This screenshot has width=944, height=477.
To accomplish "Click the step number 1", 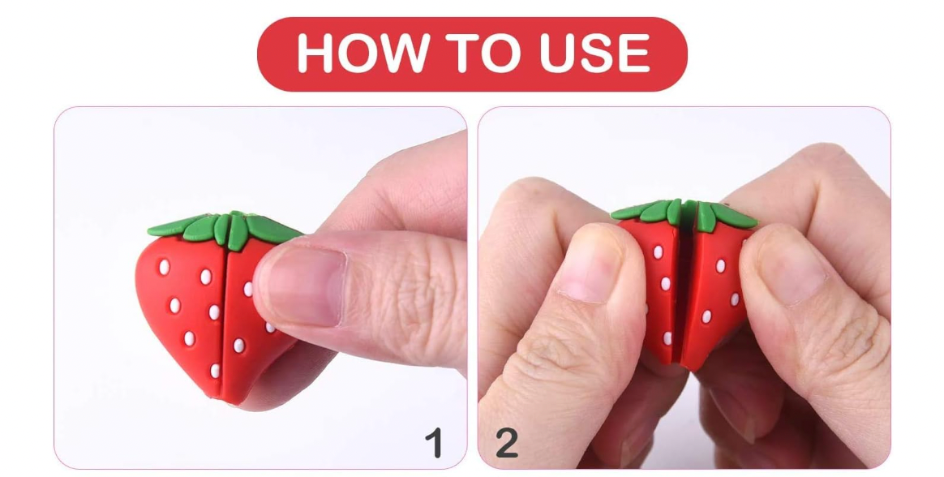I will (x=435, y=444).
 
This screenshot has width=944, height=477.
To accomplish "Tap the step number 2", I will (x=506, y=444).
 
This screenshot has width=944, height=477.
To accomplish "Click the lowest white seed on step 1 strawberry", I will (x=215, y=370).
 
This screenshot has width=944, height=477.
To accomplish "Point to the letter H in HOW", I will (x=315, y=54).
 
